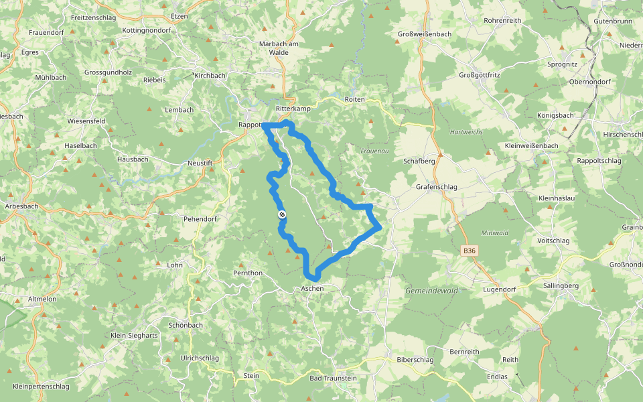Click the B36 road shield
coord(470,251)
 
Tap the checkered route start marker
coord(282,214)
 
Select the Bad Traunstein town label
coord(333,378)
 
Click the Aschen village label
coord(312,288)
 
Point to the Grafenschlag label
coord(436,187)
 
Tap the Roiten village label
coord(354,99)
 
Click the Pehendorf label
coord(200,219)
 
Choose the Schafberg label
coord(419,161)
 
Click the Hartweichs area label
coord(466,132)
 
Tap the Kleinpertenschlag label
coord(41,387)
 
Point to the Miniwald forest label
coord(495,232)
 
